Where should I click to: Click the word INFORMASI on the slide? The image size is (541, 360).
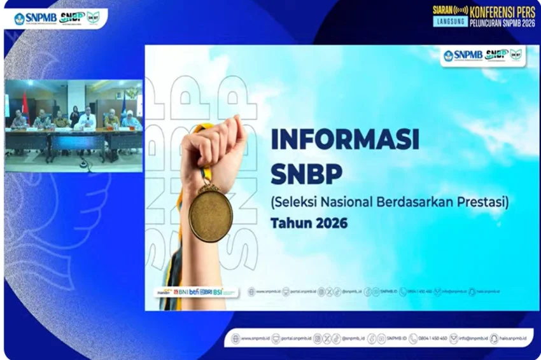click(344, 139)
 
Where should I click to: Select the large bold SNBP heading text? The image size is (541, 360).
click(306, 173)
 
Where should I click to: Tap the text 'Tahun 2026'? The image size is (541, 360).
click(309, 223)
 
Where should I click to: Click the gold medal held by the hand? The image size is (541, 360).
click(211, 214)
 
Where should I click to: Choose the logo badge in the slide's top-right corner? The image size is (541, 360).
click(482, 56)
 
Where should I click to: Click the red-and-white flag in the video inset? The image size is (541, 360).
click(25, 105)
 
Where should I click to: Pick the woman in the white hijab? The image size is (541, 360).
click(130, 120)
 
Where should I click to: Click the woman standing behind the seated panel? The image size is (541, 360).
click(74, 114)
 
